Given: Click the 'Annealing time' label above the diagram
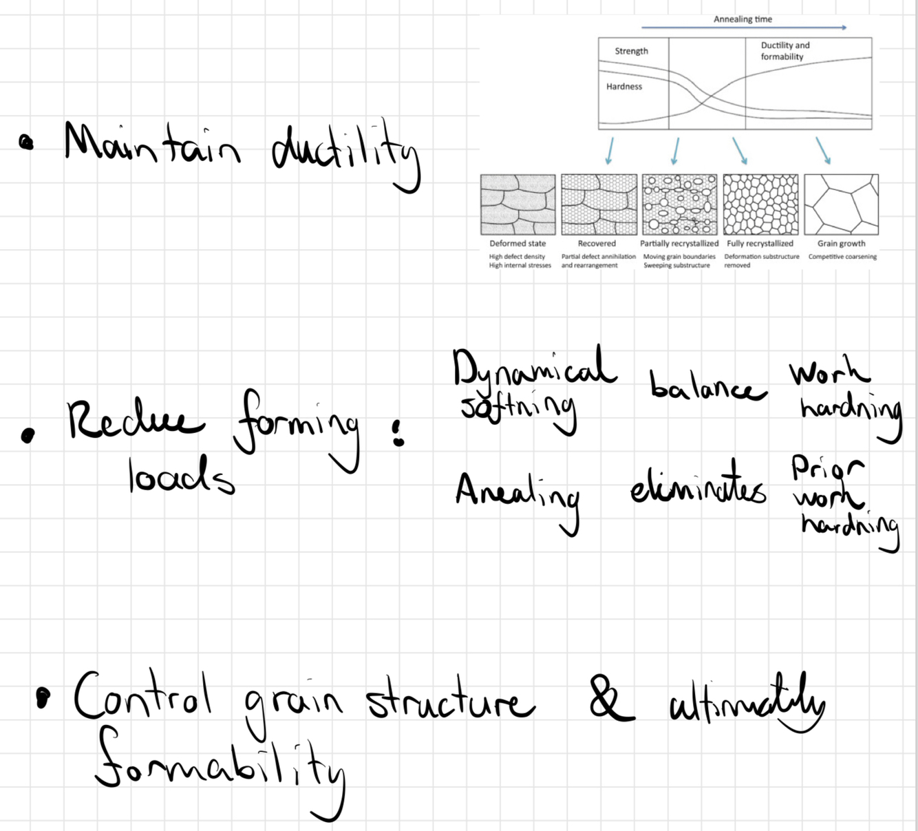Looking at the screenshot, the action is (x=743, y=19).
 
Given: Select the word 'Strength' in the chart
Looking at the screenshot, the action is (x=631, y=51).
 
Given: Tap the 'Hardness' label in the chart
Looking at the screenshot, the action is (x=623, y=87).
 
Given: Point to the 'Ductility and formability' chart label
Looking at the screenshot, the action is (x=784, y=51).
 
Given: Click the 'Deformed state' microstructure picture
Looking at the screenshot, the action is (x=517, y=204).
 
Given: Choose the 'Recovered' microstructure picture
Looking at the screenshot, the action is (x=599, y=204).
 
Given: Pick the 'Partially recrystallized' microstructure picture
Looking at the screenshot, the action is (x=679, y=204).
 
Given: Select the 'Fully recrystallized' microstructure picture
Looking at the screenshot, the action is (x=760, y=204).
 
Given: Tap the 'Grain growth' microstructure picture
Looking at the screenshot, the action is (x=841, y=204).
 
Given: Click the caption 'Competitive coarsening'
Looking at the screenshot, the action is (x=842, y=257).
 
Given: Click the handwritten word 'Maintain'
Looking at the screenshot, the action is (x=152, y=144).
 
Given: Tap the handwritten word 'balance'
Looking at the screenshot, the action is (x=707, y=386).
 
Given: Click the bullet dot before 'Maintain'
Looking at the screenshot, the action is (x=26, y=143).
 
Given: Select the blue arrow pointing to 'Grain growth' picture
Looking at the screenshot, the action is (x=823, y=150).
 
